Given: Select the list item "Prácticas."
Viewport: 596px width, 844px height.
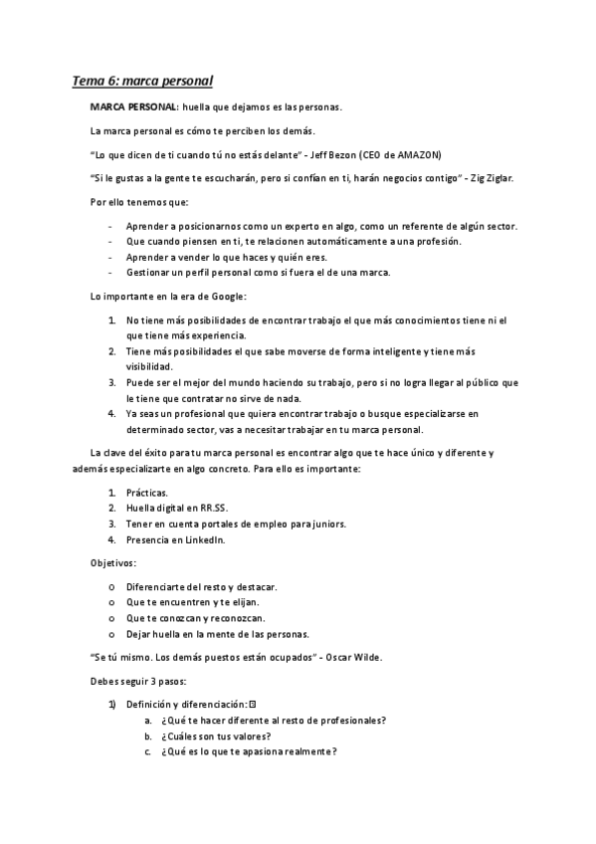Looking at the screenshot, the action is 146,493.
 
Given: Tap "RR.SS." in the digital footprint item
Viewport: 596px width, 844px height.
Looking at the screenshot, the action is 199,509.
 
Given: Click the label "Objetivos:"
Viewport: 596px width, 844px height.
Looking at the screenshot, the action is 114,563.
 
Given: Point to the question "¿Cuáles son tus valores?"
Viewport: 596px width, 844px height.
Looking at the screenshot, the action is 216,736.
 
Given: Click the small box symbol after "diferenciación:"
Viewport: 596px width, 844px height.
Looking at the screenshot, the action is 253,704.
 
